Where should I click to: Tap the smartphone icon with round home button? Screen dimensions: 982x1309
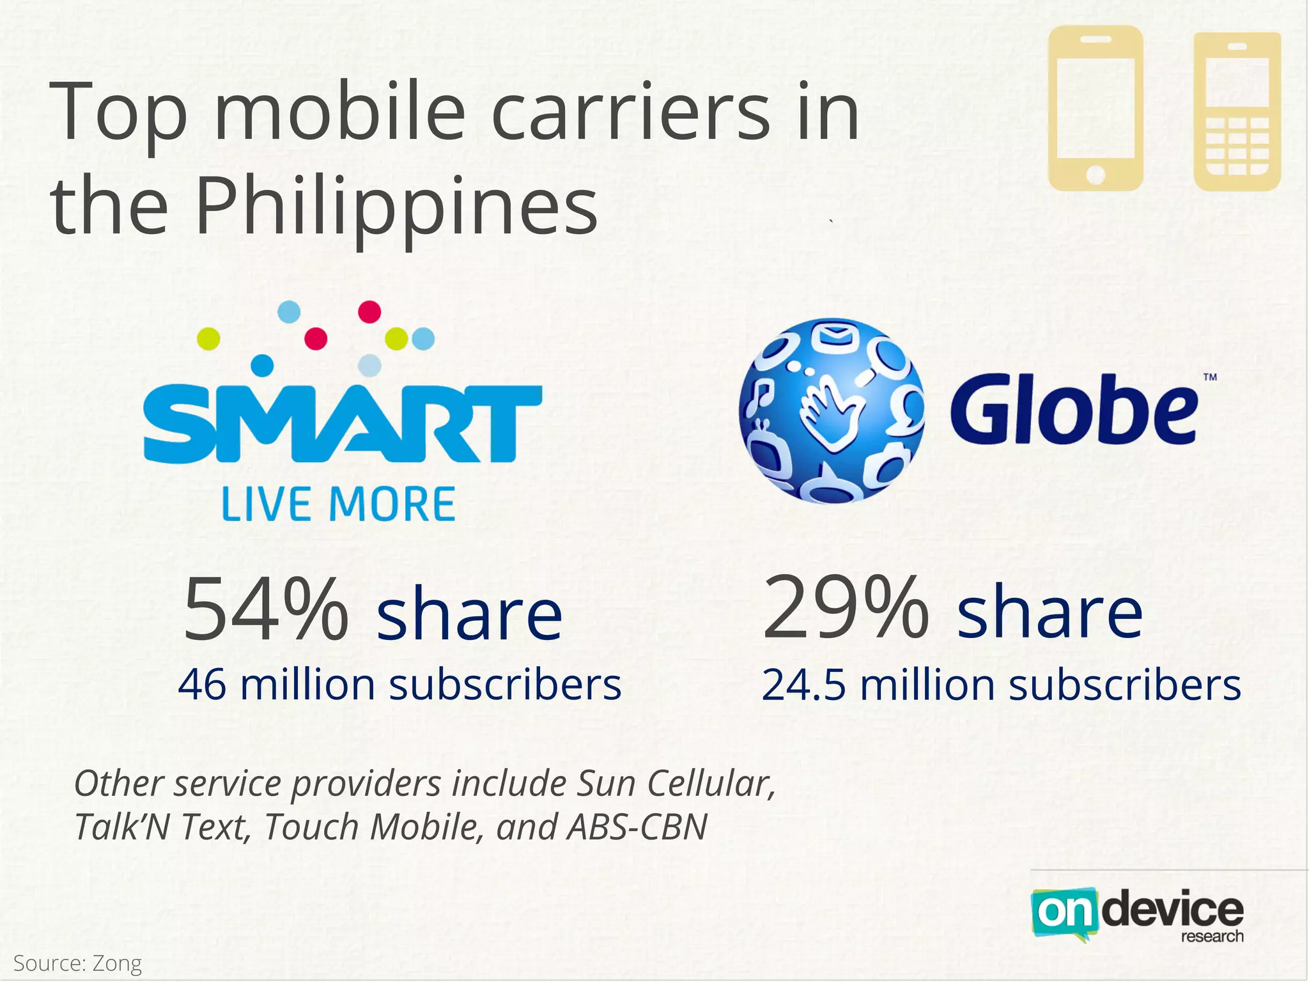(x=1096, y=108)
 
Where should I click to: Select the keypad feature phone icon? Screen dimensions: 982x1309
(x=1237, y=112)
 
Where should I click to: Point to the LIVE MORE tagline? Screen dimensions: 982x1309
(x=338, y=504)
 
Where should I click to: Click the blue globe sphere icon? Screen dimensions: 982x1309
(x=831, y=411)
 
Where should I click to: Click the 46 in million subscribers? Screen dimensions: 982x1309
(x=202, y=685)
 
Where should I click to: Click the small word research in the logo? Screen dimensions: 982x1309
(x=1212, y=937)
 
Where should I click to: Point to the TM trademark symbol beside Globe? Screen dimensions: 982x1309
(x=1210, y=377)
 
